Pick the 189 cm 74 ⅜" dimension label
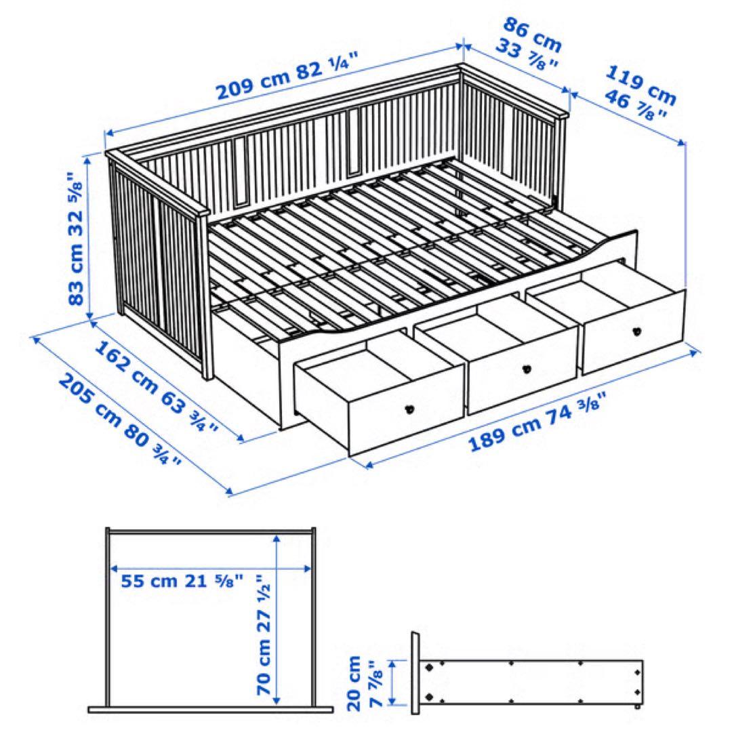tap(535, 424)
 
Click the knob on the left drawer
tap(409, 409)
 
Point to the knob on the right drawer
tap(636, 331)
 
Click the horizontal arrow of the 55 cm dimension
tap(210, 568)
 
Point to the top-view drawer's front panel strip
tap(210, 710)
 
